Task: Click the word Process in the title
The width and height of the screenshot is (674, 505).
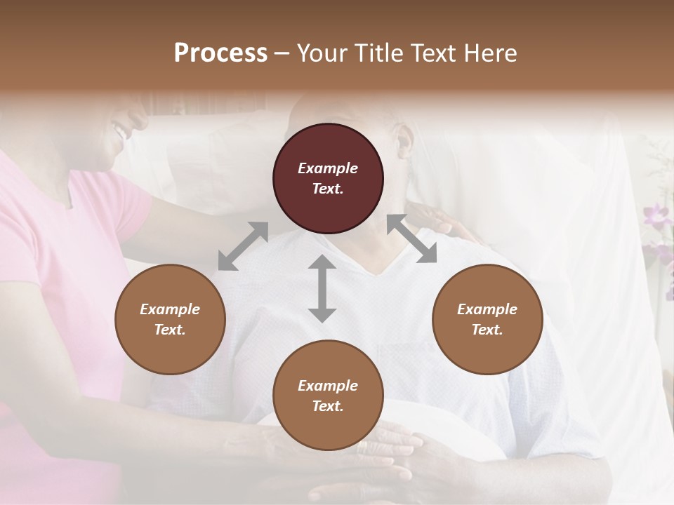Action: click(220, 53)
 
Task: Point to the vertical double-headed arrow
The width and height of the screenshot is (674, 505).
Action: click(322, 288)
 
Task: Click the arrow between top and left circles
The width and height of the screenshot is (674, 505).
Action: click(243, 246)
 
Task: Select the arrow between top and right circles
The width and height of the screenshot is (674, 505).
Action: click(411, 238)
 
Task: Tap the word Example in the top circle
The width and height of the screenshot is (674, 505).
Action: click(328, 168)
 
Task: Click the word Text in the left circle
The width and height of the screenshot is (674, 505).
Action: click(170, 330)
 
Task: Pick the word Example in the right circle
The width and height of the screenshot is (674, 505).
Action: click(487, 309)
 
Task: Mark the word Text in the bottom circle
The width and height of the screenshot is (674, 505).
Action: click(328, 406)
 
